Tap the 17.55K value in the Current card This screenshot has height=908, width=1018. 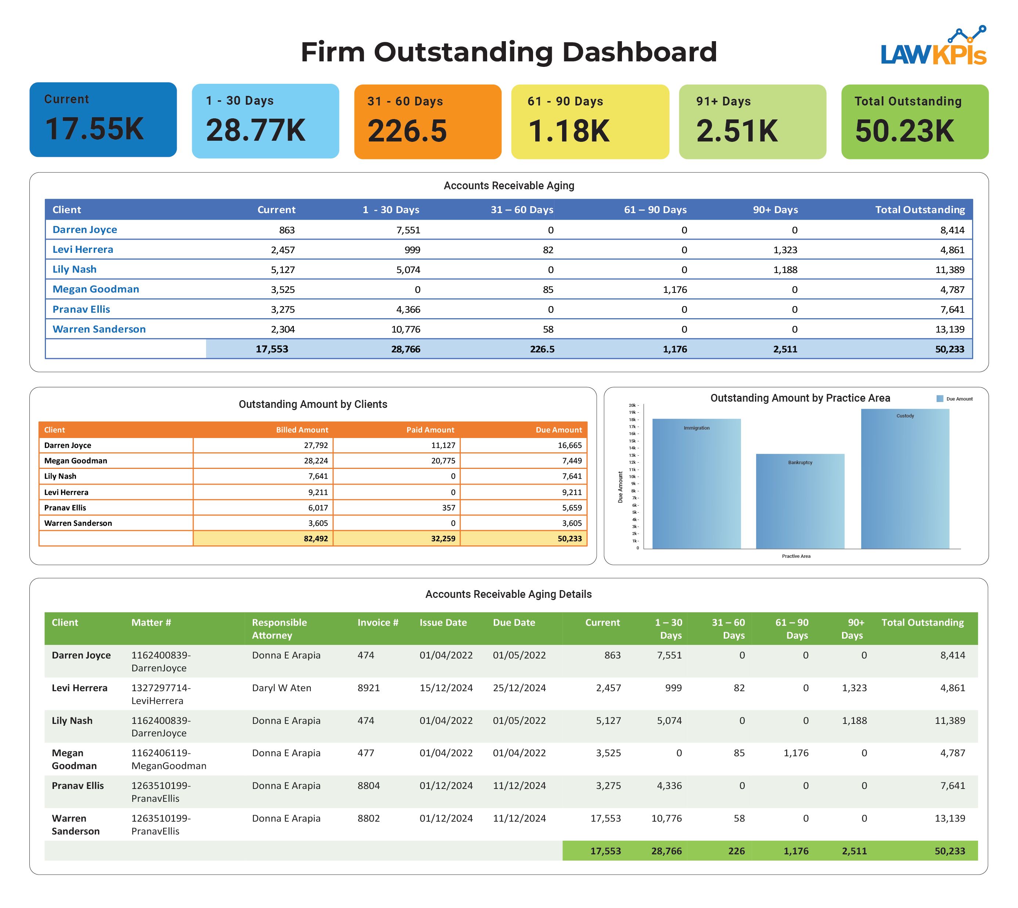[x=94, y=129]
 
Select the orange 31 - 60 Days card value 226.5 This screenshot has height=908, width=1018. [x=407, y=131]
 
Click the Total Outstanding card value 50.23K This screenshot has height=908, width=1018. [x=904, y=131]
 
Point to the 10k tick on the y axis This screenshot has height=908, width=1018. [x=633, y=477]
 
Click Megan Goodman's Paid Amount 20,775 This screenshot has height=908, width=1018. [x=443, y=460]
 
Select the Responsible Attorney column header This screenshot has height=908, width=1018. [x=279, y=629]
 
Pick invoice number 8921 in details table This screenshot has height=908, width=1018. [x=368, y=688]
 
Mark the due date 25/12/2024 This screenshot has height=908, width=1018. [x=519, y=688]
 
